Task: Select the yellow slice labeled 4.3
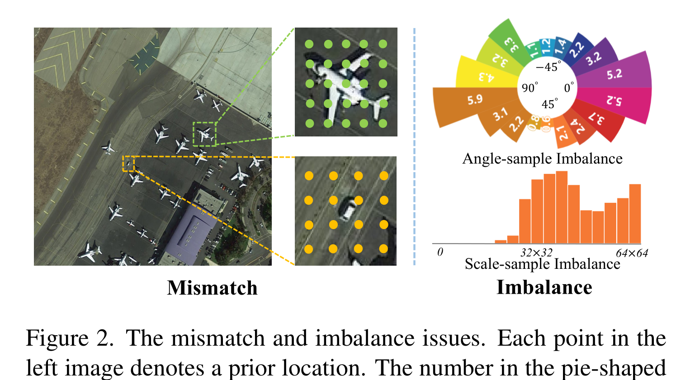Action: pyautogui.click(x=486, y=76)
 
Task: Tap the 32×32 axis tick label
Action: pyautogui.click(x=536, y=253)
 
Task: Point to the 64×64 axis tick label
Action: pyautogui.click(x=632, y=253)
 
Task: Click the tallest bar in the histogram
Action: pyautogui.click(x=562, y=207)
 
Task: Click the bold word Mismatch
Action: pyautogui.click(x=212, y=288)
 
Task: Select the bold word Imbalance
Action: pyautogui.click(x=544, y=287)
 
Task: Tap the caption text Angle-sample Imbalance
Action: pyautogui.click(x=542, y=159)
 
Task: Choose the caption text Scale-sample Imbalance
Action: pyautogui.click(x=542, y=264)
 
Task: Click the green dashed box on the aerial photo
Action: pyautogui.click(x=204, y=134)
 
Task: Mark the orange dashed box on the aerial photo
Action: pyautogui.click(x=128, y=164)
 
